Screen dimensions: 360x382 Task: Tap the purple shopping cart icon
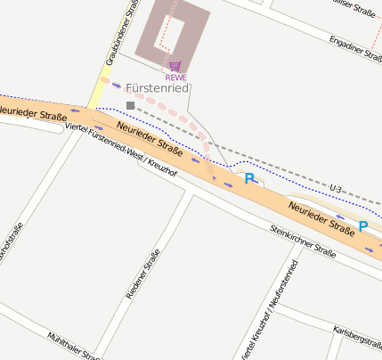tap(175, 66)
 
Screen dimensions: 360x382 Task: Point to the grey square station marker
tap(131, 105)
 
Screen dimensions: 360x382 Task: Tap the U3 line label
tap(335, 188)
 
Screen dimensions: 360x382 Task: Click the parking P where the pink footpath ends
tap(250, 178)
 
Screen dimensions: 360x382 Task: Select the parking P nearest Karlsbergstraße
tap(362, 225)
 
